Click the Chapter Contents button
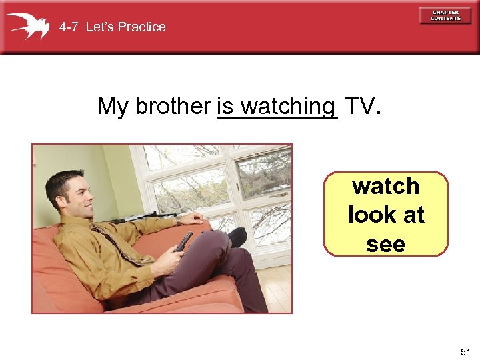tap(445, 15)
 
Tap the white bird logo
tap(28, 27)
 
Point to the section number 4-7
tap(69, 27)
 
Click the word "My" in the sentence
tap(113, 106)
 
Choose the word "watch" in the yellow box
tap(386, 186)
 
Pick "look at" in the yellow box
tap(386, 215)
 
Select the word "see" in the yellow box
tap(386, 244)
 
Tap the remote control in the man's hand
tap(184, 241)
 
